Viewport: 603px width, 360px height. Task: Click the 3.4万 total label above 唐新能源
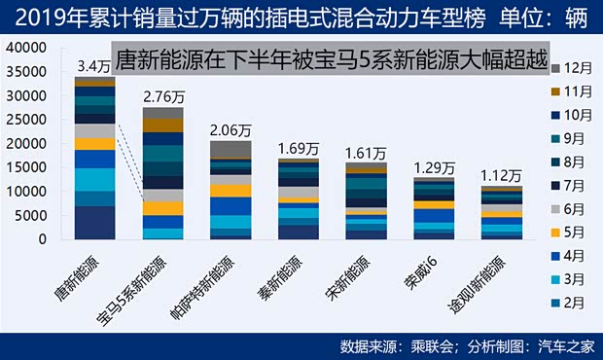coord(93,67)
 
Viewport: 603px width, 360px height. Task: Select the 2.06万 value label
coord(231,130)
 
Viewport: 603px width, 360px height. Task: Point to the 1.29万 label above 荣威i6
coord(434,167)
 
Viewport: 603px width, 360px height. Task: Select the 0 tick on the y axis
coord(43,239)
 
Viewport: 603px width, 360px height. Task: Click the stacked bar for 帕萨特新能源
coord(231,190)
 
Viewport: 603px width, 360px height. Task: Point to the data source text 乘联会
coord(437,345)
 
